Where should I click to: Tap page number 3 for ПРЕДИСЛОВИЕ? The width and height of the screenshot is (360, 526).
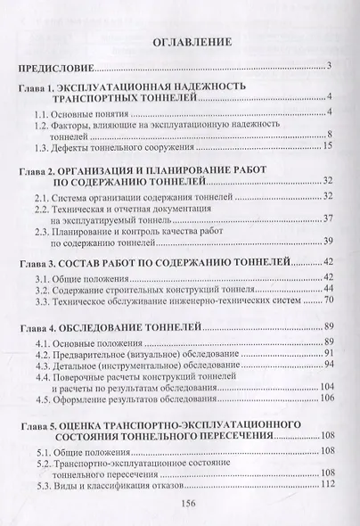tap(330, 66)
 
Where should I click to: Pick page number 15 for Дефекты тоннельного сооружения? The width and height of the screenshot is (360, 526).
tap(327, 147)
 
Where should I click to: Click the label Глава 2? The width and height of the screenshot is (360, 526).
tap(41, 168)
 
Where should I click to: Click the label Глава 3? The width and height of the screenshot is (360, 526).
tap(41, 265)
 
